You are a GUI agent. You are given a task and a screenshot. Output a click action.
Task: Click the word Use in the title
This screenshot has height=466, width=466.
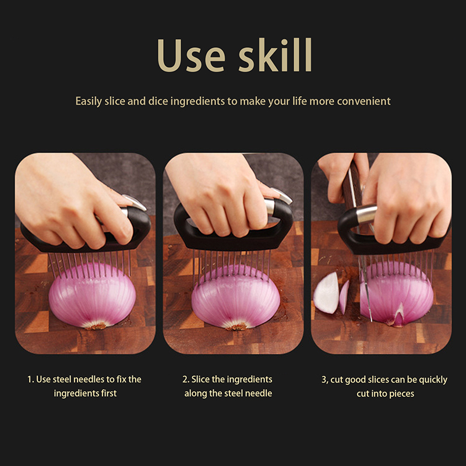[191, 55]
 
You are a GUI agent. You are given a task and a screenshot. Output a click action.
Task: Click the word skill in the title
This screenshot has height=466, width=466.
[275, 55]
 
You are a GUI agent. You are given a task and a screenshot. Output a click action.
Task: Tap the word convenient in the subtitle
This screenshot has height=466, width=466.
[363, 101]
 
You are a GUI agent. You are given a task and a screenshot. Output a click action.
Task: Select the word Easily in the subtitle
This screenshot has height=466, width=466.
[89, 101]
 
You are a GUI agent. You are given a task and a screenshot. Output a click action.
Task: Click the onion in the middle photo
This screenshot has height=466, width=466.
[235, 297]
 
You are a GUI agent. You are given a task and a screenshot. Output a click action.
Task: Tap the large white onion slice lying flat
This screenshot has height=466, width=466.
[326, 294]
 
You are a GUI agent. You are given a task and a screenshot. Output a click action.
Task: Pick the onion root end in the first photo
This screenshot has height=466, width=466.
[96, 326]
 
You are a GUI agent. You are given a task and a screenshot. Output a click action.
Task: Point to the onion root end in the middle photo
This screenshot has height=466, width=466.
[236, 327]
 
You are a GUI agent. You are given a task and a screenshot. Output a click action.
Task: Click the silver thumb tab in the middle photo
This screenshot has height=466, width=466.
[281, 195]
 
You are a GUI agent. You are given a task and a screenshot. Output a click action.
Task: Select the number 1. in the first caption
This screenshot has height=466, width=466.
[31, 380]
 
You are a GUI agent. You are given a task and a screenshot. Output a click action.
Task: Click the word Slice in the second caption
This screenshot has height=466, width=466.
[200, 379]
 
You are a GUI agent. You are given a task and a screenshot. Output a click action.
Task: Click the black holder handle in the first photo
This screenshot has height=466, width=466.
[86, 235]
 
